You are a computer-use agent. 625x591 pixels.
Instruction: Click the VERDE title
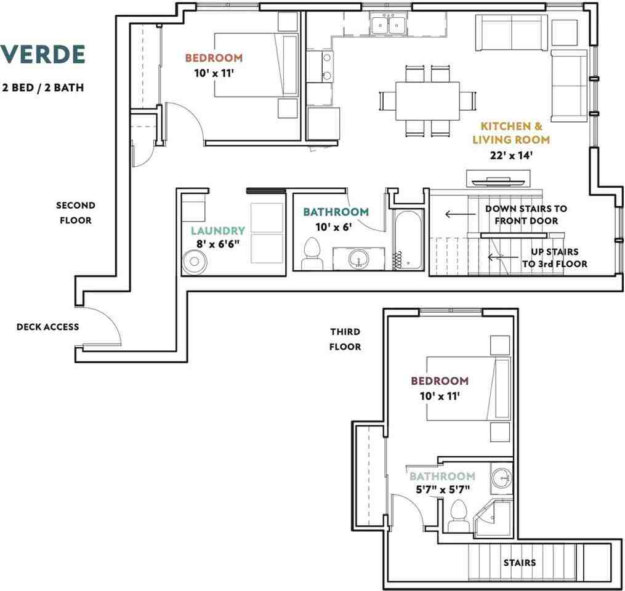point(43,55)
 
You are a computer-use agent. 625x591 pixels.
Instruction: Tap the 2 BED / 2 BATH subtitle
point(43,87)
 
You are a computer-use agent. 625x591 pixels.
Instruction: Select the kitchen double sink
point(388,24)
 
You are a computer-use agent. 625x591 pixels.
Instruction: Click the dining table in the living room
point(427,101)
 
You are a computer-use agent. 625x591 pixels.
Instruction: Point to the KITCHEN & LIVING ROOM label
point(511,133)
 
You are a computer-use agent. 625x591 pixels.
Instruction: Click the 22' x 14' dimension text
point(511,155)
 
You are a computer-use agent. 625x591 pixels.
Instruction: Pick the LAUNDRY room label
point(217,231)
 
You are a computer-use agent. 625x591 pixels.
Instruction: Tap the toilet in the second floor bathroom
point(312,254)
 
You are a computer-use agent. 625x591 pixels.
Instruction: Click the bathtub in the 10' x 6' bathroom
point(409,239)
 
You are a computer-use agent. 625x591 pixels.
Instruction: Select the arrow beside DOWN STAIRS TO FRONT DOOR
point(461,214)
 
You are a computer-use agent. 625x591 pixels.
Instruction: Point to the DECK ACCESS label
point(48,327)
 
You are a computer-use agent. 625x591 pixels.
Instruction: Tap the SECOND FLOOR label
point(76,213)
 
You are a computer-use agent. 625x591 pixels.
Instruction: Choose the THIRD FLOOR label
point(345,339)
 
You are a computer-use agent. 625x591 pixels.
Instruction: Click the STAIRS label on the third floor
point(519,563)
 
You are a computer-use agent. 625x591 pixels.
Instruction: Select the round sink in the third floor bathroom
point(501,478)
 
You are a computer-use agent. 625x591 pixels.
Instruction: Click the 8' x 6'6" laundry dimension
point(217,244)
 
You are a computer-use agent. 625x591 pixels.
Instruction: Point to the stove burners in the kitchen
point(327,66)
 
